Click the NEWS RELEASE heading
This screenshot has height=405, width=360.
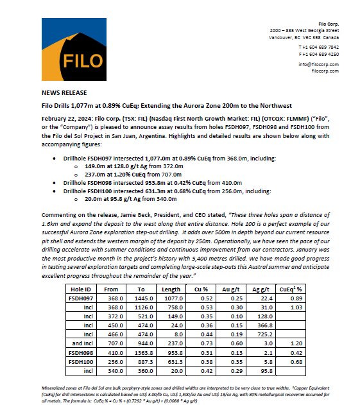64,93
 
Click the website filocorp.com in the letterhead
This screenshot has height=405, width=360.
325,71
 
